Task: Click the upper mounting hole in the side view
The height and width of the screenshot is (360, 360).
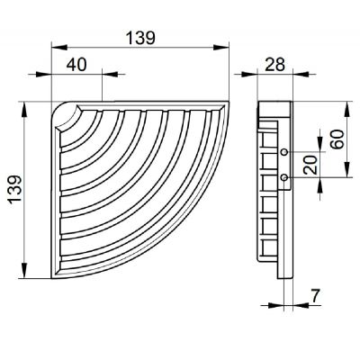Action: point(285,151)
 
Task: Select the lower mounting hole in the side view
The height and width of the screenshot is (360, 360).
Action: point(285,178)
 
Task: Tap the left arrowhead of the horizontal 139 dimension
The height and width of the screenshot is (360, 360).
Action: point(51,49)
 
